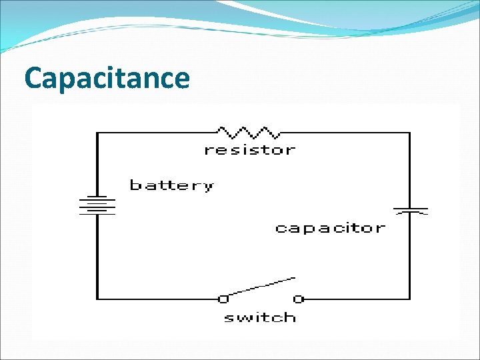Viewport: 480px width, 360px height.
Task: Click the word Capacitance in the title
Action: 107,79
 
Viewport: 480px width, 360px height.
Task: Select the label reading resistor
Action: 249,150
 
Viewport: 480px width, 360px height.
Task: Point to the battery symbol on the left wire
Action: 97,205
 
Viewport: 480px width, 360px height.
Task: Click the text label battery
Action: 172,185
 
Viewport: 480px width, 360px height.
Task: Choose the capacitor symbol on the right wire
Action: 410,211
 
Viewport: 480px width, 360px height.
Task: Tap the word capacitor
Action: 330,228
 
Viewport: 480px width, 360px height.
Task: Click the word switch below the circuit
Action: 260,318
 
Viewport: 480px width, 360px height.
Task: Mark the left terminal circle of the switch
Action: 223,298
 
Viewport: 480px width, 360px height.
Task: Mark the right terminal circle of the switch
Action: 299,298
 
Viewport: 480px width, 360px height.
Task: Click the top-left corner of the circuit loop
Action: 97,133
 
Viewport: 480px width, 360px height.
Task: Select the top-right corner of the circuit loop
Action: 410,133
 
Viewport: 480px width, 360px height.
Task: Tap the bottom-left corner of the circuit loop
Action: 97,298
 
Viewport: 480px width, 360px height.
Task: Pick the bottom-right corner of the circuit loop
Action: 410,298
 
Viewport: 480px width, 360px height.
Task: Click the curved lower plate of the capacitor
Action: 410,213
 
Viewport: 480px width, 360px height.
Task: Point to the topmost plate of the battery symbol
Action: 97,197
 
